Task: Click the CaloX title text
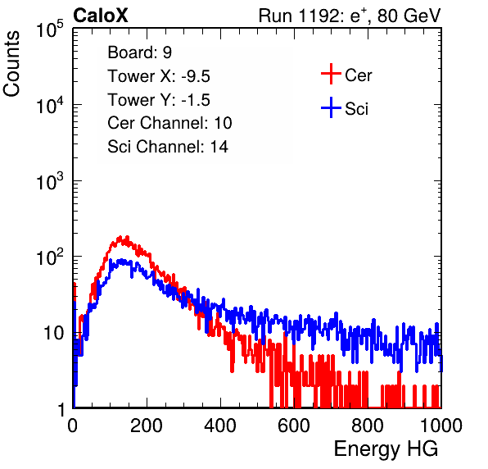[100, 16]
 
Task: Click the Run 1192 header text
[350, 16]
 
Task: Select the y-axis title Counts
[11, 64]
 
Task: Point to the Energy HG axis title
[386, 449]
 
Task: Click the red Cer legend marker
[331, 74]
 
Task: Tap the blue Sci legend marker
[331, 107]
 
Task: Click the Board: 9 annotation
[139, 52]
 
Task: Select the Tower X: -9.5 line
[159, 76]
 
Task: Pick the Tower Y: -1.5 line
[159, 100]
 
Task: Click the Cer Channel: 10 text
[169, 123]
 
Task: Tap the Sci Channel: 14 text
[168, 147]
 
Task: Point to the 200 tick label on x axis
[147, 426]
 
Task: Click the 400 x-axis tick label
[220, 426]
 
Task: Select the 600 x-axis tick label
[294, 426]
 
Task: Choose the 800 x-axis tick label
[368, 426]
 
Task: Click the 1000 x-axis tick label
[441, 426]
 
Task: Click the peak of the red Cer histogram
[127, 237]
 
